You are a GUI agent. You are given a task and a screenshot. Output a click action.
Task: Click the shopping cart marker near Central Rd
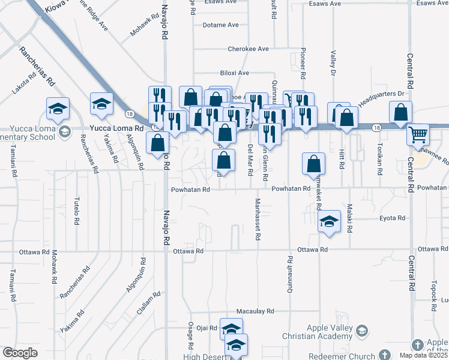[x=418, y=134]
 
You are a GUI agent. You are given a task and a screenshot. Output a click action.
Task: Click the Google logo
[x=20, y=353]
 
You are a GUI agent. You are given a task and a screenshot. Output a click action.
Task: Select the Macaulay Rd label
[x=255, y=311]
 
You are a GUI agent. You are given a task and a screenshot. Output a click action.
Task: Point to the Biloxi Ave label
[x=234, y=73]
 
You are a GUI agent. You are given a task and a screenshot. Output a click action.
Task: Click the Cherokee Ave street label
[x=248, y=49]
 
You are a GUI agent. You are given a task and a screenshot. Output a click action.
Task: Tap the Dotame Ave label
[x=220, y=25]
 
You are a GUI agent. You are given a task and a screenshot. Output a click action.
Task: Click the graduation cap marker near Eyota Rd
[x=329, y=221]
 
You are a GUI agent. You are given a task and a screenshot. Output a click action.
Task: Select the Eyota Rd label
[x=393, y=218]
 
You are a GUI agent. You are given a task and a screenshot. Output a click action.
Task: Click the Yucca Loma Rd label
[x=116, y=128]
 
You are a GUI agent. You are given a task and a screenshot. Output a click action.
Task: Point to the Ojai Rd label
[x=206, y=328]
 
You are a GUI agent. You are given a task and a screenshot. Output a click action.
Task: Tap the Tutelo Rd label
[x=77, y=211]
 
